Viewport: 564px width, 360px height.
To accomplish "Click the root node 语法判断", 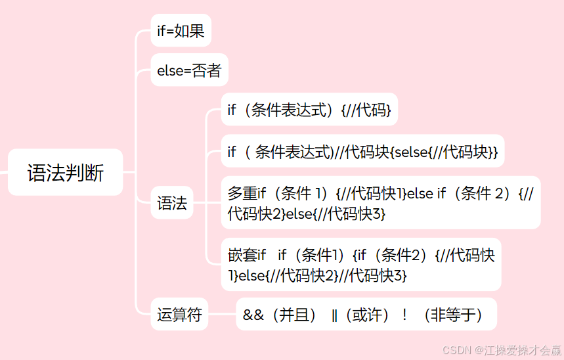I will coord(65,173).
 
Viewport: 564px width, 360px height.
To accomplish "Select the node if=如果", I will coord(181,30).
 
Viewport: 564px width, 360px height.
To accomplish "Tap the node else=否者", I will coord(189,70).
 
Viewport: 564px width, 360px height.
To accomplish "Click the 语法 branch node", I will coord(172,203).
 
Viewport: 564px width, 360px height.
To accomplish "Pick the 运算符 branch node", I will coord(179,315).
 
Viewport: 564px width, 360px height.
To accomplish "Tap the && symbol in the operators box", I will coord(253,315).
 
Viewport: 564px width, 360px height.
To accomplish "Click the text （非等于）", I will coord(452,315).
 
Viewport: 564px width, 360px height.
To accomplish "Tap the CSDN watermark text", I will coord(458,349).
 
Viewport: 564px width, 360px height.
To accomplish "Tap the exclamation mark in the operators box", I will coord(404,315).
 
